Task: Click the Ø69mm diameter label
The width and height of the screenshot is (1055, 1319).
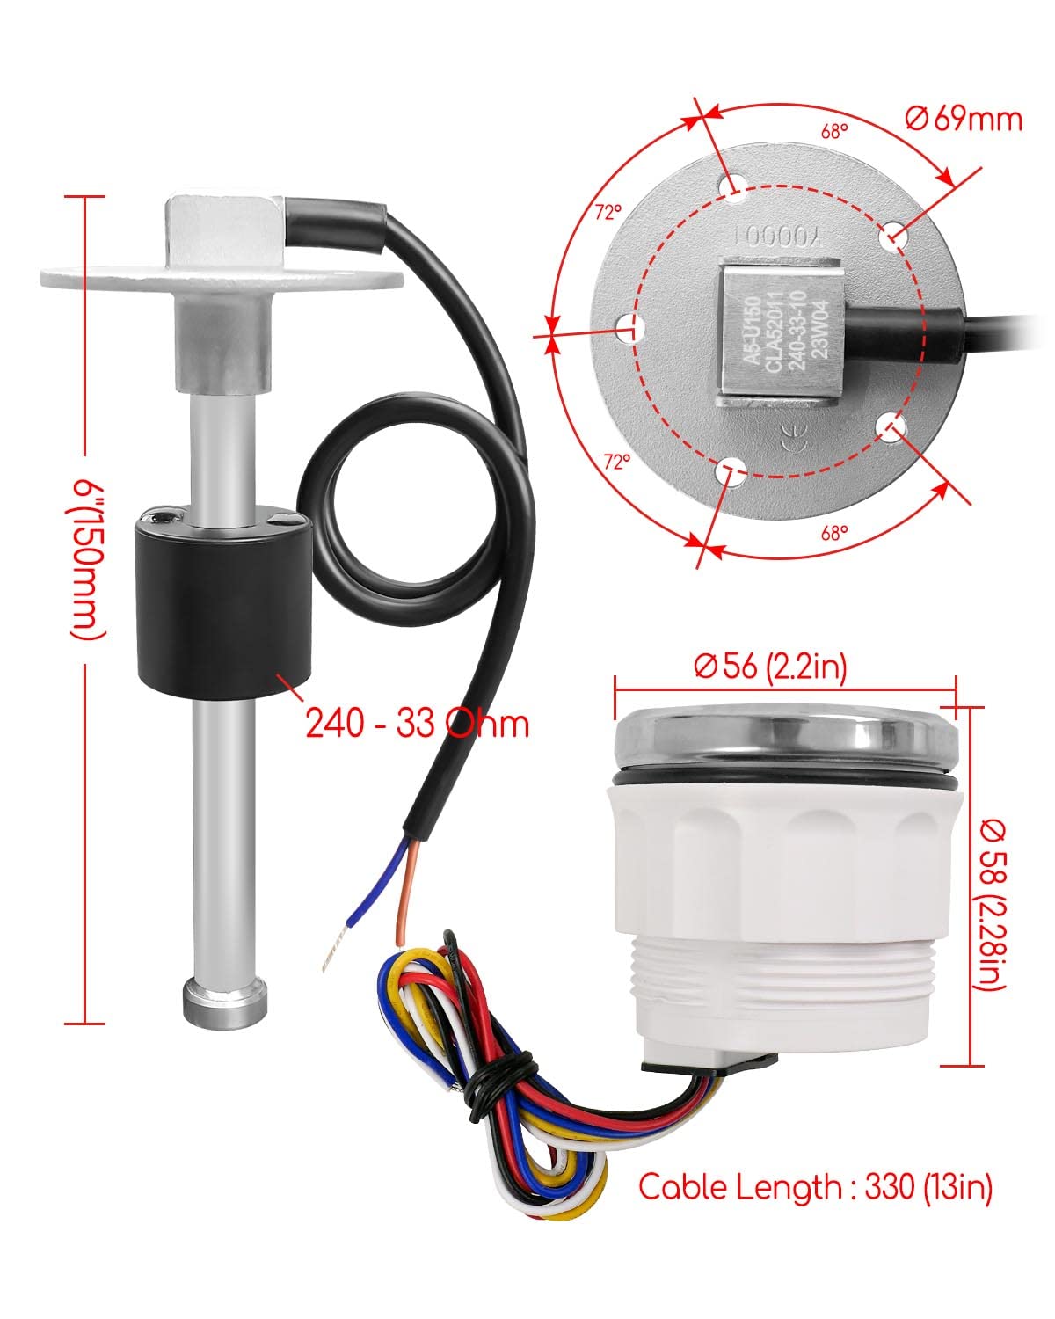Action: (x=963, y=117)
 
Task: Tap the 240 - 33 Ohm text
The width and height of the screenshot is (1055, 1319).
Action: (x=418, y=723)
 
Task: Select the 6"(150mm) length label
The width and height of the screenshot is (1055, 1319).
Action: (x=85, y=558)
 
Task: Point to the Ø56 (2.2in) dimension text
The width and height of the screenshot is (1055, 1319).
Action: (x=770, y=667)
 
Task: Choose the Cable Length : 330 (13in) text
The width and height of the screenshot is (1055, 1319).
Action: (x=815, y=1186)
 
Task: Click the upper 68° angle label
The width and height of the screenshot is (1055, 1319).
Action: (x=834, y=132)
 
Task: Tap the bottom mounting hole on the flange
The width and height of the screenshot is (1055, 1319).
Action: (x=729, y=472)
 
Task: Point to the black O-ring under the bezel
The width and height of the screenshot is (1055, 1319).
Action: (x=784, y=779)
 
